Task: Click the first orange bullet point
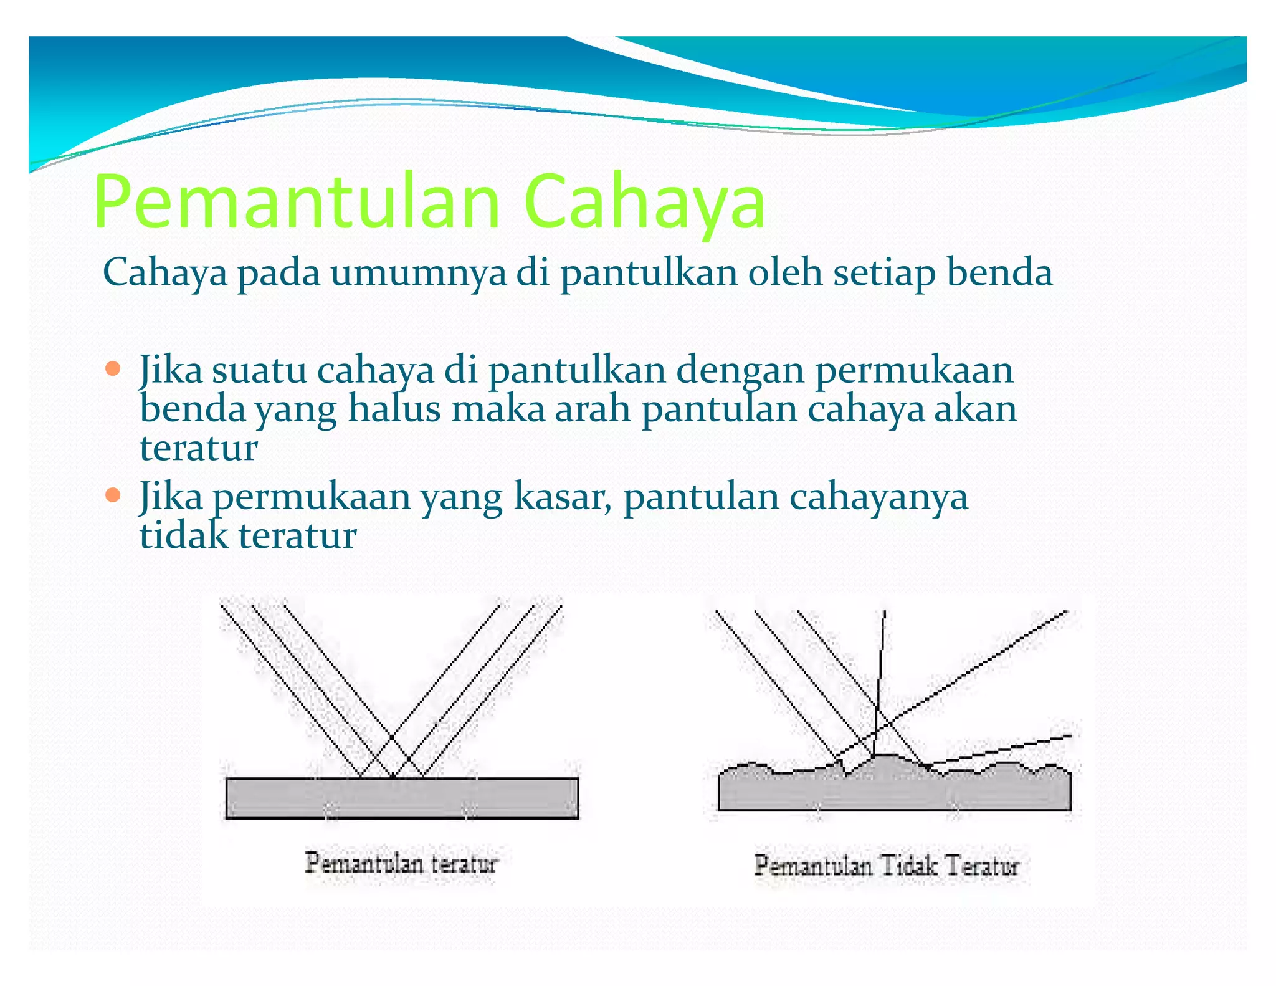point(113,368)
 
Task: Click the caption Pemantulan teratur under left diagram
point(401,863)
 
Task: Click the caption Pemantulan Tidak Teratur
point(886,866)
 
